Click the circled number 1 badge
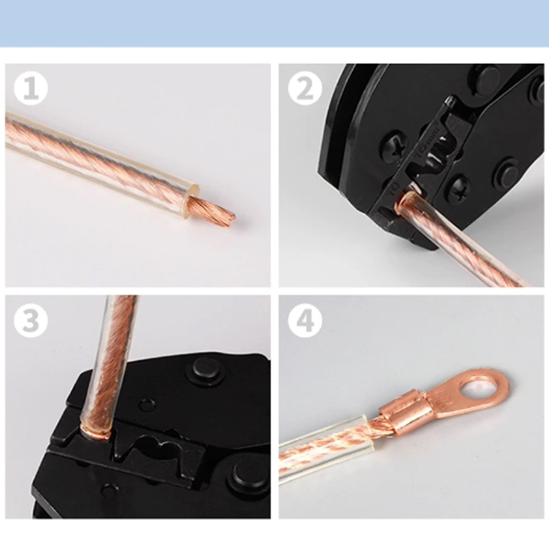click(30, 89)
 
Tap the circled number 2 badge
click(305, 89)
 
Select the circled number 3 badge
click(30, 320)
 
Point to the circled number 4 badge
click(305, 320)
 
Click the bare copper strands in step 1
click(213, 211)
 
